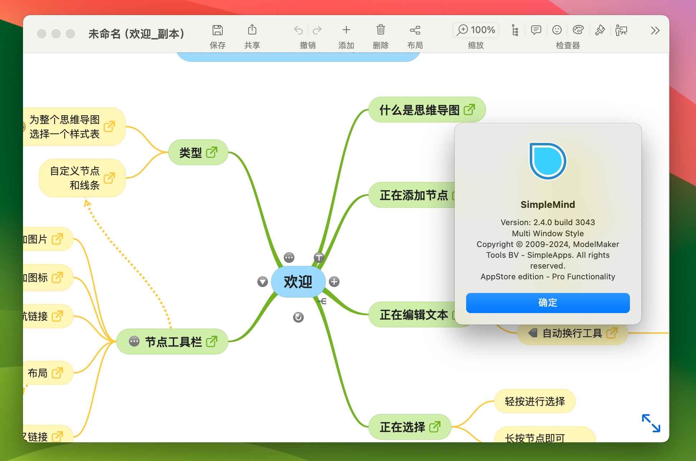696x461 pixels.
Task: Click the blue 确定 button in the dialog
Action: pos(547,303)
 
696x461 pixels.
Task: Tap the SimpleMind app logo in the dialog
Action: pos(548,161)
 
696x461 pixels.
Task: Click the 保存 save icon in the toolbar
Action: pos(217,30)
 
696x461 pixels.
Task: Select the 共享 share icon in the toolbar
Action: pos(252,30)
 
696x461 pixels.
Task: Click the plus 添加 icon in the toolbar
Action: pos(346,30)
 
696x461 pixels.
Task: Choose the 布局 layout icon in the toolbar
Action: pos(415,30)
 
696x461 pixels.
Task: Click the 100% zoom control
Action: pos(476,30)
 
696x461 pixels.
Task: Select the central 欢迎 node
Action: pos(298,282)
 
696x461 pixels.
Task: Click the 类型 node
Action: pos(191,153)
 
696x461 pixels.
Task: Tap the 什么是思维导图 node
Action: pos(419,110)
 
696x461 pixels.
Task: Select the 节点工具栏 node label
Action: pos(173,342)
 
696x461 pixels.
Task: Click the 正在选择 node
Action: pos(402,427)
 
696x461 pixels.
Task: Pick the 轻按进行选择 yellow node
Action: pos(534,401)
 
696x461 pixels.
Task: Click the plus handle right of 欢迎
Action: pos(334,282)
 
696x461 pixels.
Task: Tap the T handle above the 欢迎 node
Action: pos(319,257)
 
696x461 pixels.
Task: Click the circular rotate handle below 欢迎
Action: pos(298,317)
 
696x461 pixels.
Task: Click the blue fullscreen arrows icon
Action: pos(651,423)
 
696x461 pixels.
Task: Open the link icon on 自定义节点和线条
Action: pos(109,178)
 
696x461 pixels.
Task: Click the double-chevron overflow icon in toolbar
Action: pos(655,31)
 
